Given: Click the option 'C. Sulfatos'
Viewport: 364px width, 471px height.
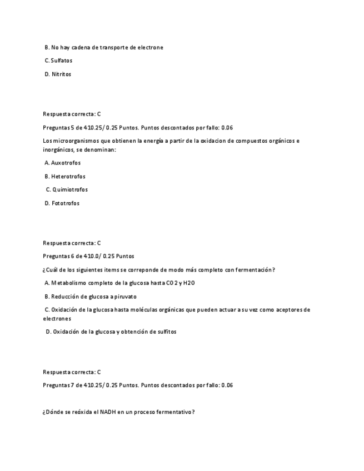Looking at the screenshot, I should click(x=58, y=61).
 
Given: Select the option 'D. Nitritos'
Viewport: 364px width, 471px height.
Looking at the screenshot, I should click(x=58, y=74).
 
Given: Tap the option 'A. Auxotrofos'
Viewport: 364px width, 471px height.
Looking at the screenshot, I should click(x=62, y=163).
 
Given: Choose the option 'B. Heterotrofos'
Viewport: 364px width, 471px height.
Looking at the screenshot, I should click(x=65, y=176).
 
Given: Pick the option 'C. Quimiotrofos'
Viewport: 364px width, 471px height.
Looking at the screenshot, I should click(x=67, y=189).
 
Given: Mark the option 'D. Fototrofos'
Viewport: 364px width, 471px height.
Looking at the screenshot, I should click(x=62, y=203).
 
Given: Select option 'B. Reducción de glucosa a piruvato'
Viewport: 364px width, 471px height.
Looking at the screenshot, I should click(x=91, y=296).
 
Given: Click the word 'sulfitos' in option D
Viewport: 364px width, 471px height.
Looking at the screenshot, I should click(x=164, y=332).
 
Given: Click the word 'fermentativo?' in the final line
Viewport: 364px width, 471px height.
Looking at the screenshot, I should click(x=175, y=412).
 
